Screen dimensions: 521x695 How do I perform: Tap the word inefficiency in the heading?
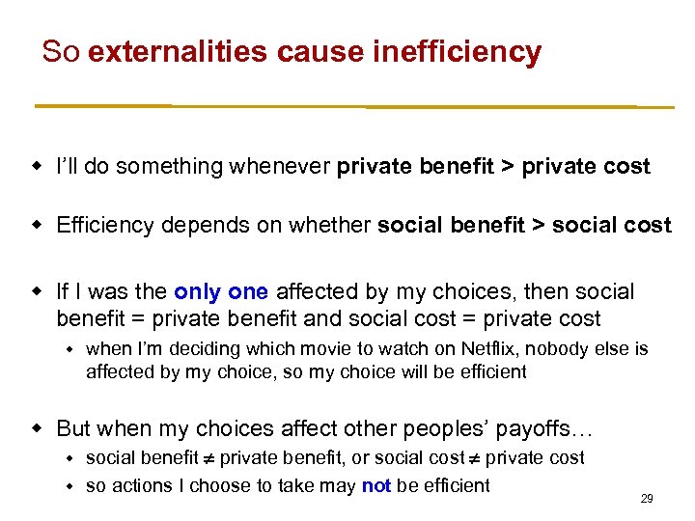(x=457, y=52)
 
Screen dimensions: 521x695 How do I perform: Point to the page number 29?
(x=647, y=499)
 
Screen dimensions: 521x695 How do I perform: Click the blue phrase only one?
(x=222, y=291)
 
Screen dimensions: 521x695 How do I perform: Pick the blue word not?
(x=375, y=485)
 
